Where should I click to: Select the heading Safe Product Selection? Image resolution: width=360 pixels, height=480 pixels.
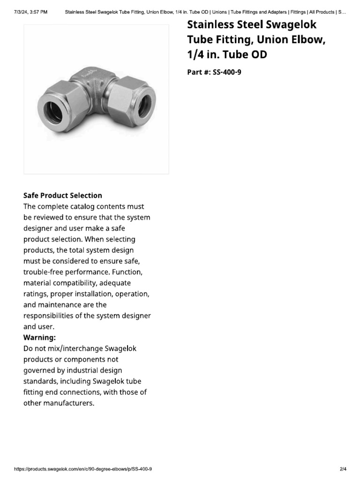[x=63, y=195]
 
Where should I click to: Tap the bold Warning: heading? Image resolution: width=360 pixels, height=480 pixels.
[x=40, y=337]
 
